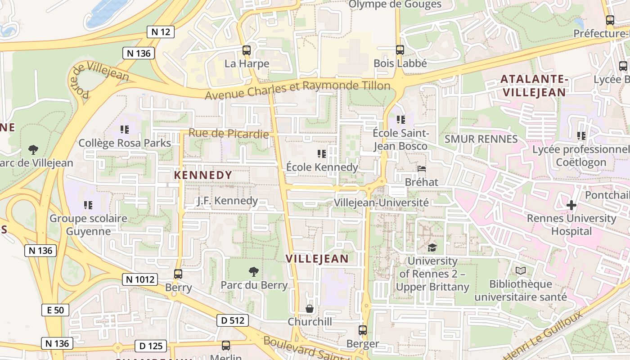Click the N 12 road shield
pos(161,31)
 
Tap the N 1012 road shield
pos(139,279)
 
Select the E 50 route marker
pos(55,310)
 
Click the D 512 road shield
pos(233,320)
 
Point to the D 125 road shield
pos(151,346)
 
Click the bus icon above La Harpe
pos(247,50)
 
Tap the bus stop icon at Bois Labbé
pos(400,49)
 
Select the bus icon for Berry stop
pos(178,274)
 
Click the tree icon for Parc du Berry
pos(254,271)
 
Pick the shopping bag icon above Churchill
pos(310,309)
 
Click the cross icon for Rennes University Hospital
pos(571,205)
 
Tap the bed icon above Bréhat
pos(422,169)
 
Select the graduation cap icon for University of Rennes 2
pos(432,247)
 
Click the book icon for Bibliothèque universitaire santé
pos(521,270)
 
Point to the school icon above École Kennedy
pos(322,153)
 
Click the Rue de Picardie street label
pos(229,133)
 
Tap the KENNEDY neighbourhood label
pos(203,175)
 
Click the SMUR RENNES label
pos(481,139)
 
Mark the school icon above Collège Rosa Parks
pos(125,130)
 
